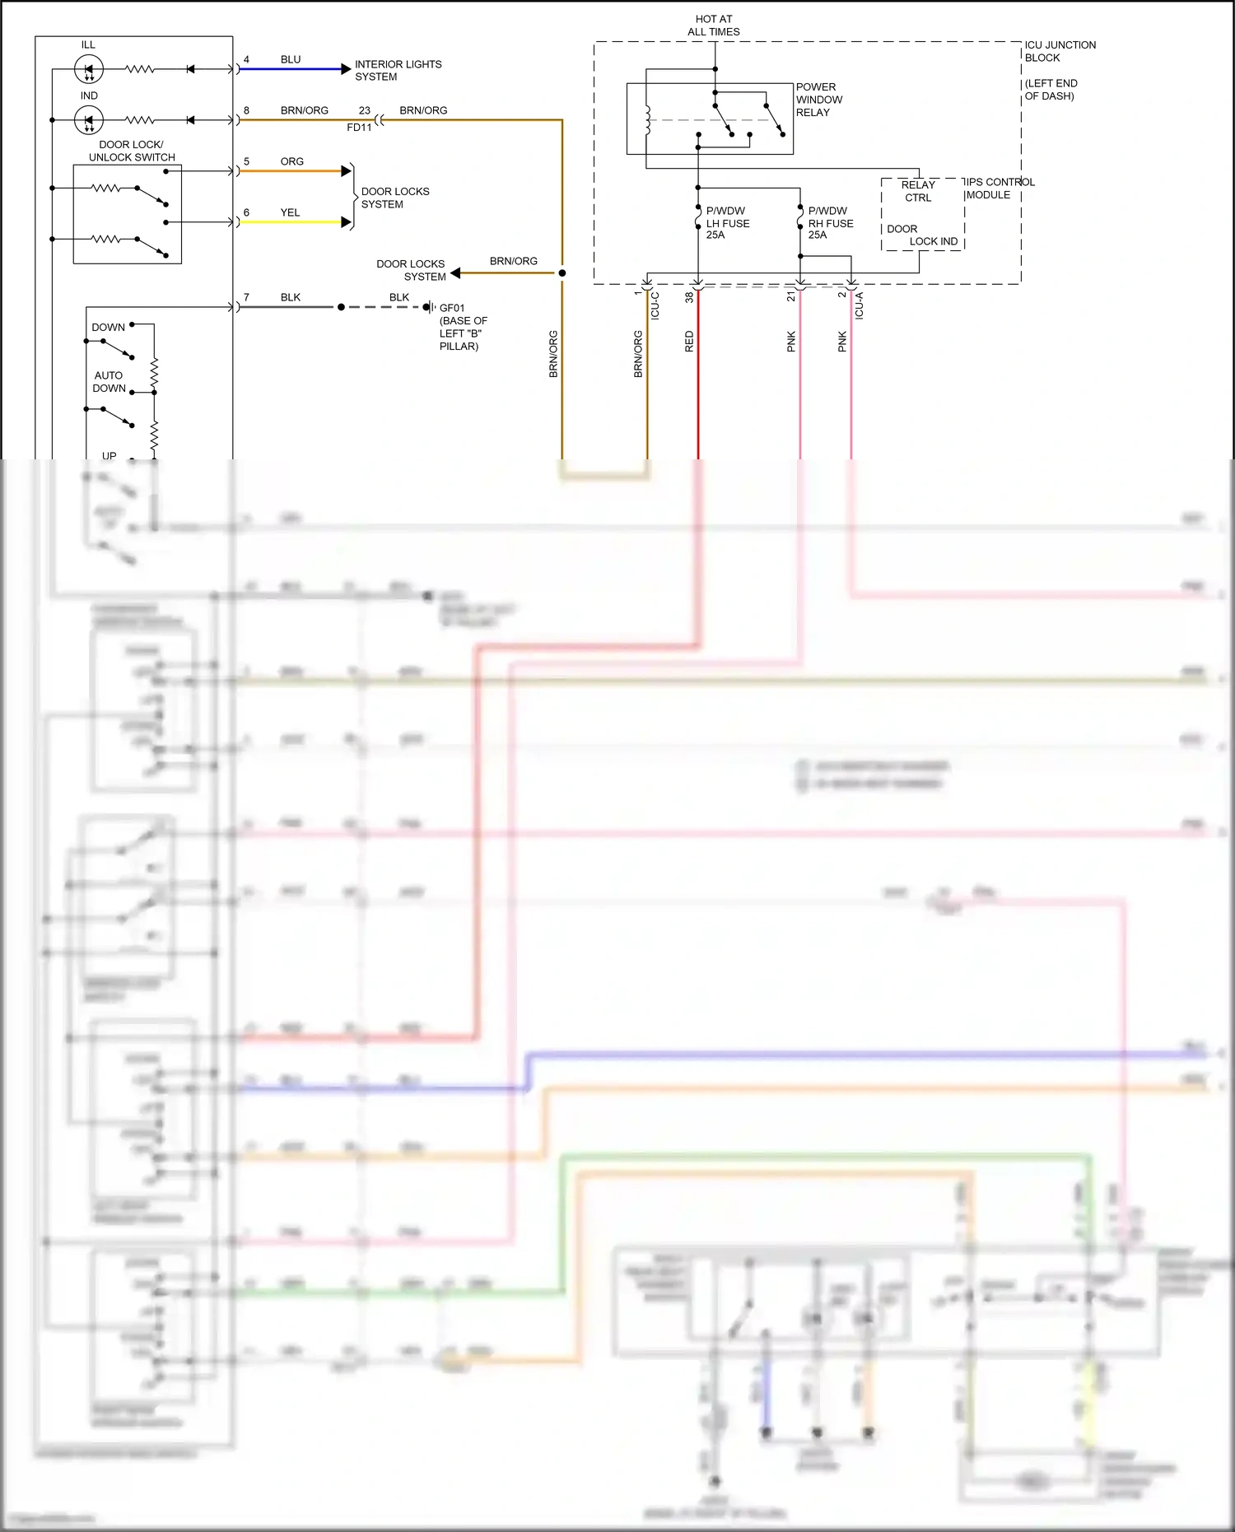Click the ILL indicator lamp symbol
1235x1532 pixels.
88,69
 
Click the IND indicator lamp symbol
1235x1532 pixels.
88,120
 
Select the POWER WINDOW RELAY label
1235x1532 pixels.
818,100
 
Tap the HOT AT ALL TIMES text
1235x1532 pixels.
713,26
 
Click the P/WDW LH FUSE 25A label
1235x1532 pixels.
727,223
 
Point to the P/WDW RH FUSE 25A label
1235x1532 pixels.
830,223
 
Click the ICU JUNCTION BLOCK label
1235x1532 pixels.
1060,51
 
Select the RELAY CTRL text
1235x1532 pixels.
918,191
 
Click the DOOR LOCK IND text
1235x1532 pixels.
922,235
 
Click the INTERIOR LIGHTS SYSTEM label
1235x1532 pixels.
398,70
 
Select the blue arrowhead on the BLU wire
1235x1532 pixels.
346,69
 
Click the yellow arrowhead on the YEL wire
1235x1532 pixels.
346,222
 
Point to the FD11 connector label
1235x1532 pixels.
359,128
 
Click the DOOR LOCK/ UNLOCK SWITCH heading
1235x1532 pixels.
132,151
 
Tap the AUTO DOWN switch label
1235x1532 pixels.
109,381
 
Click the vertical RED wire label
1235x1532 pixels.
689,342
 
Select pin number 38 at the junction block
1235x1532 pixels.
689,297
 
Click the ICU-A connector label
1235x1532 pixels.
859,305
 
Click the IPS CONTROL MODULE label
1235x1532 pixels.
1000,189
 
